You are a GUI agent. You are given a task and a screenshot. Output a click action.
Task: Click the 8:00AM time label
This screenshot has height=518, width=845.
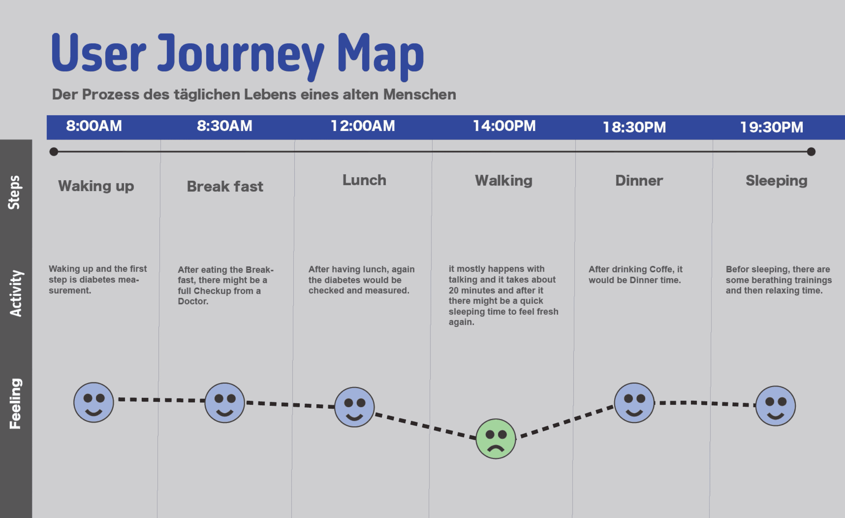click(x=94, y=126)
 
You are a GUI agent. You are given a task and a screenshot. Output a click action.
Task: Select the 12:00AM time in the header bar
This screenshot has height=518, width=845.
click(x=363, y=126)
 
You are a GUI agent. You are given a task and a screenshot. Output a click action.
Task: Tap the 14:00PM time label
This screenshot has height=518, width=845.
click(x=504, y=126)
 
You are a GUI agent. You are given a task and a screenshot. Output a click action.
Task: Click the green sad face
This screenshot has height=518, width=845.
click(x=496, y=439)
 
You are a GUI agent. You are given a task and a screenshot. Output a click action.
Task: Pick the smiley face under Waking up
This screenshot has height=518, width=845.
click(x=94, y=402)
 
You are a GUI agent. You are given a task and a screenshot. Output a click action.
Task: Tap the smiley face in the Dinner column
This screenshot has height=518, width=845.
click(x=634, y=403)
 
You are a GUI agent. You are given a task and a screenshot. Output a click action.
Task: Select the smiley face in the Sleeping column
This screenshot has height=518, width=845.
click(x=775, y=406)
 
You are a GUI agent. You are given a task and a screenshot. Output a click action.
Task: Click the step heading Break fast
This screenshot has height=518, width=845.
click(x=225, y=187)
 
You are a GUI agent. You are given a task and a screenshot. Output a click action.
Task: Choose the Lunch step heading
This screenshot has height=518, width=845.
click(x=364, y=180)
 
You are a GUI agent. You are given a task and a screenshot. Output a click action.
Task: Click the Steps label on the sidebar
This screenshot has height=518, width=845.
click(x=15, y=192)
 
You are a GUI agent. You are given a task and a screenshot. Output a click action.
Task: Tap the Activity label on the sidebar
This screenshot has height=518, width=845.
click(x=16, y=293)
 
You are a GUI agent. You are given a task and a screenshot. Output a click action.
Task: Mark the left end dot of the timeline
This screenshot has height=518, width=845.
click(x=54, y=152)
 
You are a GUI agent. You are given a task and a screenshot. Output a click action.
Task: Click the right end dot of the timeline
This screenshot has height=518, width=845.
click(x=811, y=152)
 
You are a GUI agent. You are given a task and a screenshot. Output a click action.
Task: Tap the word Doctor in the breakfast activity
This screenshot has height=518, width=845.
click(x=193, y=301)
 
